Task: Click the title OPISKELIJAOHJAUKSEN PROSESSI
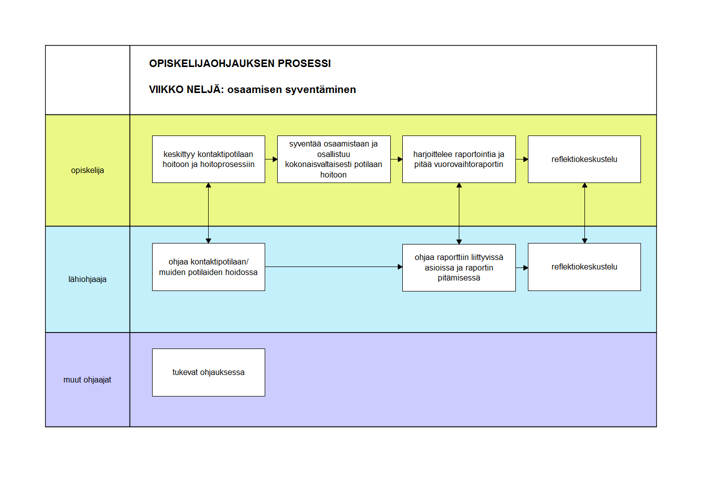tap(240, 63)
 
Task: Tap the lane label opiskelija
tap(88, 170)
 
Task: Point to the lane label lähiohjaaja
tap(88, 279)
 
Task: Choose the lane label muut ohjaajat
tap(88, 380)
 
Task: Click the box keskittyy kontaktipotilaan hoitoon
tap(209, 159)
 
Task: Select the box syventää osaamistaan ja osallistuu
tap(334, 159)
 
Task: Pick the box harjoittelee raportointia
tap(459, 159)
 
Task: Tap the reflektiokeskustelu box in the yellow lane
tap(584, 159)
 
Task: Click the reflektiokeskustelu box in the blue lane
tap(584, 267)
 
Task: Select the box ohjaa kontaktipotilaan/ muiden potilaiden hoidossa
tap(209, 267)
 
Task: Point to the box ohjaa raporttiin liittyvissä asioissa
tap(459, 267)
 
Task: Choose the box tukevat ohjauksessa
tap(209, 372)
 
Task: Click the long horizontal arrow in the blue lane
tap(334, 267)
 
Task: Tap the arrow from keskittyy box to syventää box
tap(271, 159)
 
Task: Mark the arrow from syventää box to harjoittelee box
tap(396, 159)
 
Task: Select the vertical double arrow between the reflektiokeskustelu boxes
tap(584, 213)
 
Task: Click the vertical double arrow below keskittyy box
tap(209, 213)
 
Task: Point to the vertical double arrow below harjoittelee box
tap(459, 213)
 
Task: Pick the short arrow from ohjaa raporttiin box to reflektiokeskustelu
tap(522, 267)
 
